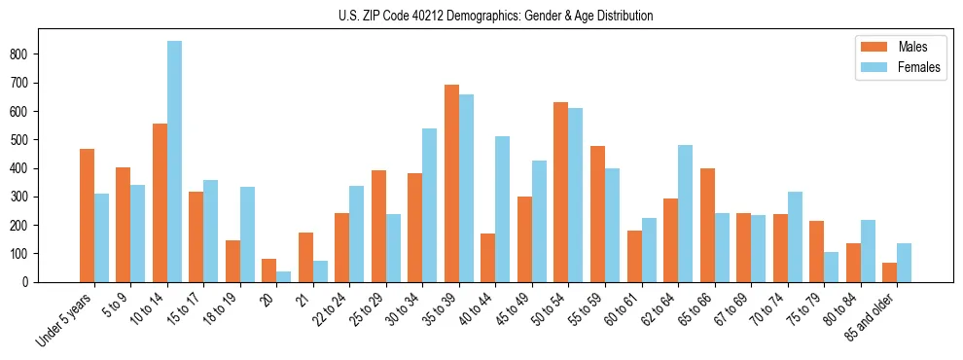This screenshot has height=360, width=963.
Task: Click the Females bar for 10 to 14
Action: [174, 162]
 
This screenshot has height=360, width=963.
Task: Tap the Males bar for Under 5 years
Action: [87, 215]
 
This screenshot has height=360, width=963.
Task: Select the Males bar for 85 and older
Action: [889, 272]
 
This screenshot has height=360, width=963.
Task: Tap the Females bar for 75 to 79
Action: [832, 267]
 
